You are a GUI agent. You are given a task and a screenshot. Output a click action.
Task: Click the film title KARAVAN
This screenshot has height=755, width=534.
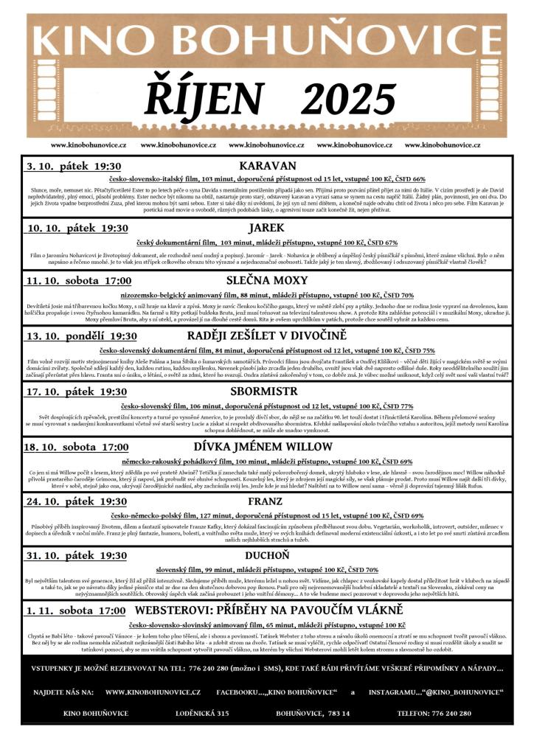tap(268, 166)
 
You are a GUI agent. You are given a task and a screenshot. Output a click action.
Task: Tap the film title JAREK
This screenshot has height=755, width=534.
tap(266, 228)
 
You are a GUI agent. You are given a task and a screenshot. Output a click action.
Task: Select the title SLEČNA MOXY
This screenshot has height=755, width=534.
tap(264, 280)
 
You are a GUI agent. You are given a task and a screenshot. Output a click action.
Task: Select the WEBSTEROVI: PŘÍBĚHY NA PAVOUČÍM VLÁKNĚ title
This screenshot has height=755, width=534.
tap(268, 610)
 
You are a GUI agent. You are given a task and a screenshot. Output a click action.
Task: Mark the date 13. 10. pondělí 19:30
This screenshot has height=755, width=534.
tap(81, 336)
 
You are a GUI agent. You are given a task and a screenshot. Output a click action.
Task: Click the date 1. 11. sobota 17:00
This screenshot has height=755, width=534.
tap(75, 611)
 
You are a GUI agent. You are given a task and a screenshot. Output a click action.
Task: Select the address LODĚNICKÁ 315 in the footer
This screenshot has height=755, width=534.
tap(202, 713)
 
